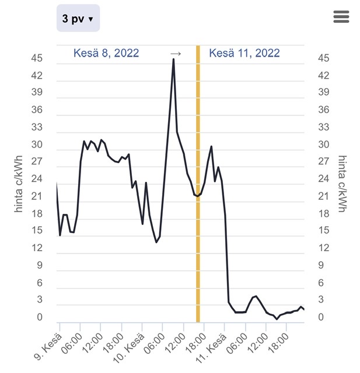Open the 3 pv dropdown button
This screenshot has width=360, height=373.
[x=78, y=19]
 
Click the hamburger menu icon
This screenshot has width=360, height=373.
[x=341, y=17]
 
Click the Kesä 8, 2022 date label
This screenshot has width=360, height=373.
[x=106, y=53]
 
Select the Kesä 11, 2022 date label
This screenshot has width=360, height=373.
[x=244, y=53]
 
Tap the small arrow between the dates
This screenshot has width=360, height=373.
[x=176, y=54]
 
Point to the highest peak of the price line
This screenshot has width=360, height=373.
[x=173, y=59]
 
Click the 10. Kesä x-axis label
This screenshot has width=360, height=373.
[x=128, y=348]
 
